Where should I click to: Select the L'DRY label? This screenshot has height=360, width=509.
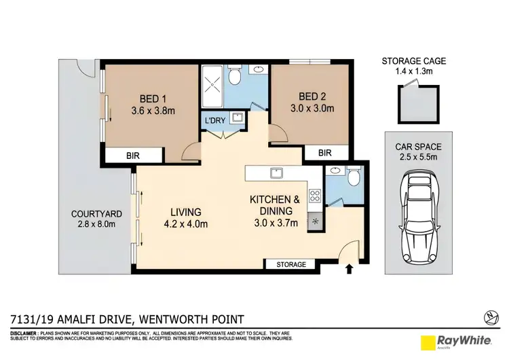point(216,120)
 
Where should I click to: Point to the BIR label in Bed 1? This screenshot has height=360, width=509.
point(133,156)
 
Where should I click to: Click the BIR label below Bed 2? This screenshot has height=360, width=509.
point(324,154)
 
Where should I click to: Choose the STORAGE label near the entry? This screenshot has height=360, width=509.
point(290,264)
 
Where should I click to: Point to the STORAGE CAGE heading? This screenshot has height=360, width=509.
point(413,61)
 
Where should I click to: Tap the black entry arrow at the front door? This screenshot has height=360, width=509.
point(350,269)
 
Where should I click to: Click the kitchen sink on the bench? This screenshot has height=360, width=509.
point(276,173)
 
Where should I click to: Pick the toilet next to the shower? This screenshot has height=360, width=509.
point(235,76)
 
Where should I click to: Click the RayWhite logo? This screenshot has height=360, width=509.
point(452,342)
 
